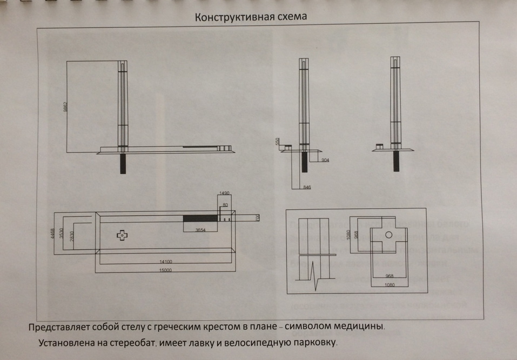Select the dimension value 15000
pyautogui.click(x=166, y=269)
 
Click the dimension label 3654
pyautogui.click(x=200, y=230)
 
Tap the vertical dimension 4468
pyautogui.click(x=51, y=232)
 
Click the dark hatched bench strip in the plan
pyautogui.click(x=200, y=218)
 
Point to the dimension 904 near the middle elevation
pyautogui.click(x=325, y=161)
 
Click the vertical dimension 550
pyautogui.click(x=278, y=142)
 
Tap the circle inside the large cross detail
pyautogui.click(x=388, y=235)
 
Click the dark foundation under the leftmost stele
pyautogui.click(x=123, y=163)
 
